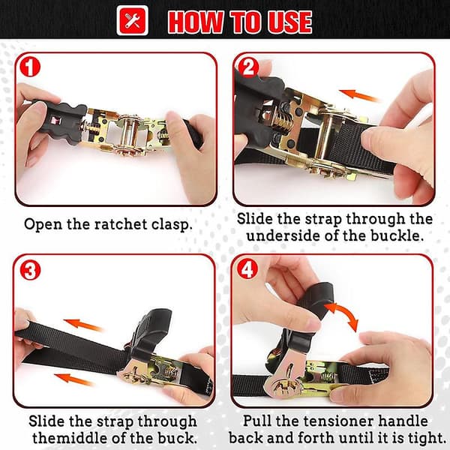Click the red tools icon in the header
[x=132, y=21]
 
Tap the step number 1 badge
[x=30, y=67]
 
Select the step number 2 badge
[x=248, y=67]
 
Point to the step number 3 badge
[x=30, y=270]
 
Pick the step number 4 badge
[x=247, y=270]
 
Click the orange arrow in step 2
[x=359, y=95]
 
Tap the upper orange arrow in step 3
[x=83, y=325]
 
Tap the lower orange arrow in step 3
[x=74, y=379]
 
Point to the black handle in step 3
[x=151, y=334]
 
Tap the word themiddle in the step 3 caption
[x=70, y=438]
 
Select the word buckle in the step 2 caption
[x=397, y=236]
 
